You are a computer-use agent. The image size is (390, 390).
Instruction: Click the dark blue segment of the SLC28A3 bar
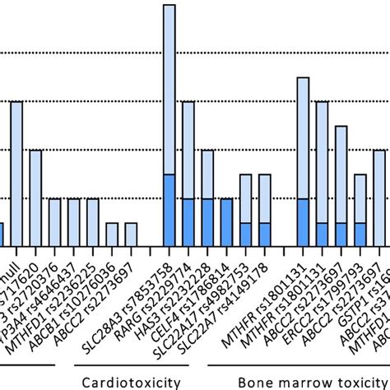pos(169,210)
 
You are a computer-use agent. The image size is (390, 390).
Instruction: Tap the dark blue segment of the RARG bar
pos(188,222)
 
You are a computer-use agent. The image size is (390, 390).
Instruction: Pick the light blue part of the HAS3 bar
pos(207,174)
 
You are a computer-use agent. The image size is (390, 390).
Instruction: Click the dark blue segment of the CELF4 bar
pos(227,222)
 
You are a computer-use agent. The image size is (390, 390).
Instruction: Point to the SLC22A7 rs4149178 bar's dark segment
pos(265,234)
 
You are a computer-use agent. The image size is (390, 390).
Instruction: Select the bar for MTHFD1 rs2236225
pos(54,222)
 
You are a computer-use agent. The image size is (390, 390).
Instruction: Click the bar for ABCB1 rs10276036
pos(93,222)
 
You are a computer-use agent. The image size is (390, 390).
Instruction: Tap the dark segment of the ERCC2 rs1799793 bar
pos(341,234)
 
